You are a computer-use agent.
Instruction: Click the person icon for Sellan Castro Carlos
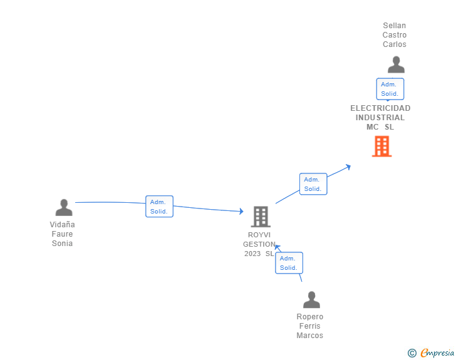click(396, 65)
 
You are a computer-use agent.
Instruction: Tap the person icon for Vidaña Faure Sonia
click(63, 207)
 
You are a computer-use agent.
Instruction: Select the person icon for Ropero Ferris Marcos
click(311, 300)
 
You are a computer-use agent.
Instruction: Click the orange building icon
click(381, 147)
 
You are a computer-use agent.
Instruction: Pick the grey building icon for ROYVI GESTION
click(261, 217)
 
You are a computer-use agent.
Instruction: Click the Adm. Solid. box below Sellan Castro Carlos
click(390, 89)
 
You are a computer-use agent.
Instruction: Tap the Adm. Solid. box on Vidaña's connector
click(159, 207)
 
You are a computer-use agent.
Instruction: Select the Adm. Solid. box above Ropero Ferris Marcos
click(289, 263)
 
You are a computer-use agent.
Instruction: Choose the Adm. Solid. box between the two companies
click(313, 184)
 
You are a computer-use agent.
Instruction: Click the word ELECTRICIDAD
click(380, 108)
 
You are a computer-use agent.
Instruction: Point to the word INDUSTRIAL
click(380, 118)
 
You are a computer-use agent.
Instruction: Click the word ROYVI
click(259, 235)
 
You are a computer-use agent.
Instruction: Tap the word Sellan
click(395, 26)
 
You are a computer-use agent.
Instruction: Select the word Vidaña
click(63, 225)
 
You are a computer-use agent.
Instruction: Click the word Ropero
click(310, 317)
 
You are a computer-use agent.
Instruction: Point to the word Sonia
click(63, 244)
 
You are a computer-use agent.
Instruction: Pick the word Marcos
click(310, 336)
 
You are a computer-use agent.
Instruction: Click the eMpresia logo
click(437, 352)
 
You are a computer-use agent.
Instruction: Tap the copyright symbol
click(412, 353)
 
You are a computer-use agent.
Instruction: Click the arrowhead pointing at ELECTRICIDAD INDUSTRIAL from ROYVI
click(348, 167)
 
